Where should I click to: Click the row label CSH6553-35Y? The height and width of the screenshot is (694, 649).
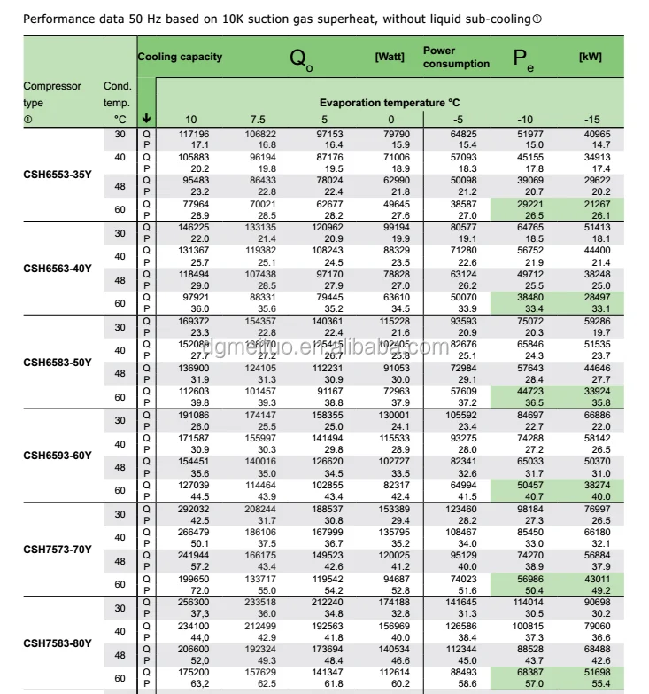[x=57, y=174]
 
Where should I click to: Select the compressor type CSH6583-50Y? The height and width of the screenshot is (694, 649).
[x=57, y=362]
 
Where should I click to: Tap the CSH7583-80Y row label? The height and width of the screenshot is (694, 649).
[x=57, y=643]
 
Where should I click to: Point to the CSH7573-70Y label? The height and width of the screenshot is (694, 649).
[x=57, y=550]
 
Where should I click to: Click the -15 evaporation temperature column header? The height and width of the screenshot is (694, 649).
[x=592, y=119]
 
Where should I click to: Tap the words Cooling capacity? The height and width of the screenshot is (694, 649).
[x=180, y=57]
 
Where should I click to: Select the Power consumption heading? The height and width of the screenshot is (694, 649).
[x=456, y=58]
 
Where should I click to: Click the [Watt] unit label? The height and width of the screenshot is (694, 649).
[x=390, y=57]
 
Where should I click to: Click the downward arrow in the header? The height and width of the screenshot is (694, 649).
[x=146, y=119]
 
